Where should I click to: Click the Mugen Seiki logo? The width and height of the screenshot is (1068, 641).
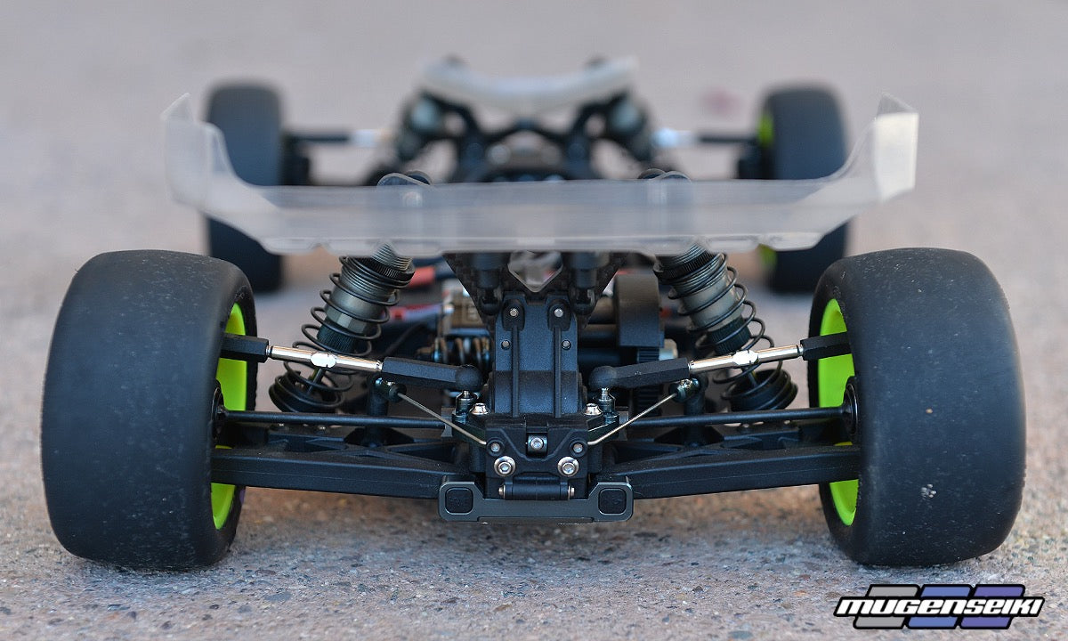938,606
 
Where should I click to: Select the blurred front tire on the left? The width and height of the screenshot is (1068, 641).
244,186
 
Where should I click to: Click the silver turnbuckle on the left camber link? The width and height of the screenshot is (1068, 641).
324,359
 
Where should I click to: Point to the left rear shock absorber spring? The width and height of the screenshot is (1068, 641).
334,334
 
